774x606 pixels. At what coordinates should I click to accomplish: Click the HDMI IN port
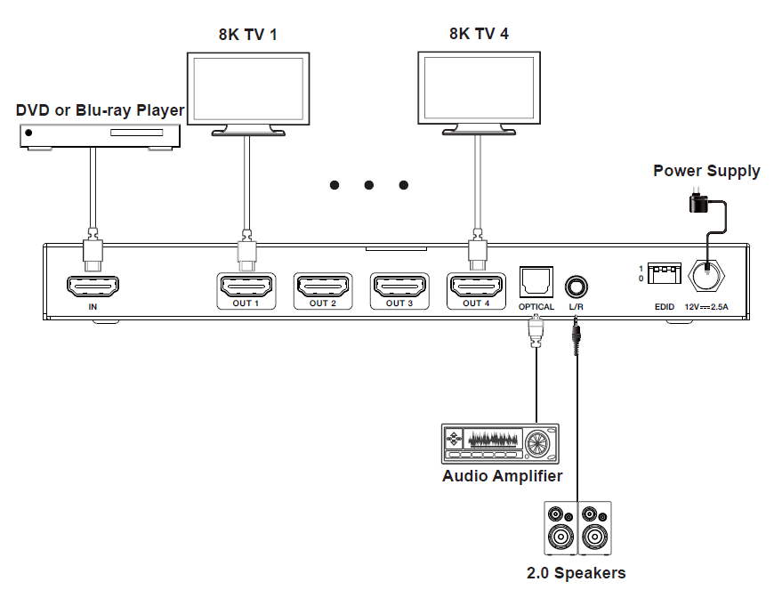[93, 287]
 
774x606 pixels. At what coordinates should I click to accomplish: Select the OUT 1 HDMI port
[246, 287]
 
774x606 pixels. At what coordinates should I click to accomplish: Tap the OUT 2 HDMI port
[322, 287]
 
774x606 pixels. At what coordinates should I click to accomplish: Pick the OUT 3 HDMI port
[399, 287]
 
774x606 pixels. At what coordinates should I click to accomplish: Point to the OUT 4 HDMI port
[476, 287]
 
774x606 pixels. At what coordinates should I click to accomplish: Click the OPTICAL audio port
[536, 282]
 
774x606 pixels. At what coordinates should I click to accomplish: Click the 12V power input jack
[707, 275]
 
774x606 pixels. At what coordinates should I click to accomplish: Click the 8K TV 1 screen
[248, 89]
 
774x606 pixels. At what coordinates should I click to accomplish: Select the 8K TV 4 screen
[479, 89]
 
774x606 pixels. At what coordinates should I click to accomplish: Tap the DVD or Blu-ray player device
[101, 134]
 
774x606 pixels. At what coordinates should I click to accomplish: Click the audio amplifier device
[500, 443]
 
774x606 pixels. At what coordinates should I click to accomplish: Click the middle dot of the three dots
[368, 185]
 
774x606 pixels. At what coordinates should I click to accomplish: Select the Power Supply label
[706, 171]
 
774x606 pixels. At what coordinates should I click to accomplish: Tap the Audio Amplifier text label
[502, 476]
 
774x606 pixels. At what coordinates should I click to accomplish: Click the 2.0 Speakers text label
[576, 573]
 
